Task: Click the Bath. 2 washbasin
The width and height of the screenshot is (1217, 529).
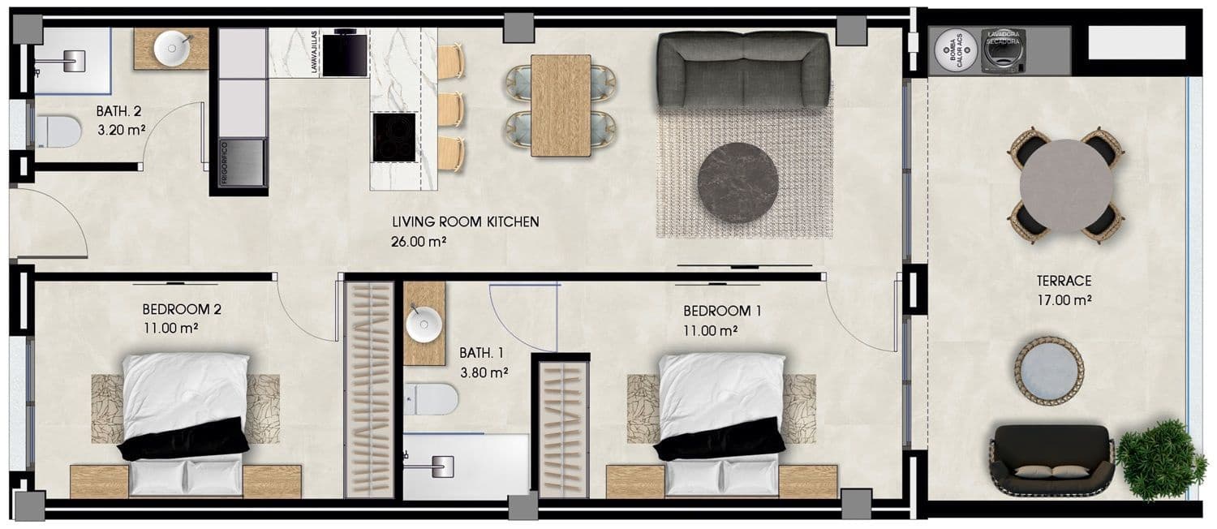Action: click(172, 49)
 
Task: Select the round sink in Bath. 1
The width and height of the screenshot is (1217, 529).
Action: click(423, 325)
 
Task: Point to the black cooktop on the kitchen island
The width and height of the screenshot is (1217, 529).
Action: click(394, 136)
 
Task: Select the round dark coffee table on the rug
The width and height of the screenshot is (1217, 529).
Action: click(738, 183)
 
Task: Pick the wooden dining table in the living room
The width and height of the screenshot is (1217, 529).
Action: click(561, 105)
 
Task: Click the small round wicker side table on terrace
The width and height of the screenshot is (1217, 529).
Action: click(1050, 370)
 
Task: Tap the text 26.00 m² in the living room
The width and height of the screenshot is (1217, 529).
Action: click(421, 241)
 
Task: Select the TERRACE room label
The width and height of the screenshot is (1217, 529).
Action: click(1064, 282)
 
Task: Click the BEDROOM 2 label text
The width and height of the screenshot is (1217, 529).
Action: click(182, 309)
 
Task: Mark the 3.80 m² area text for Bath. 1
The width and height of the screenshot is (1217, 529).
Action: click(484, 373)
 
